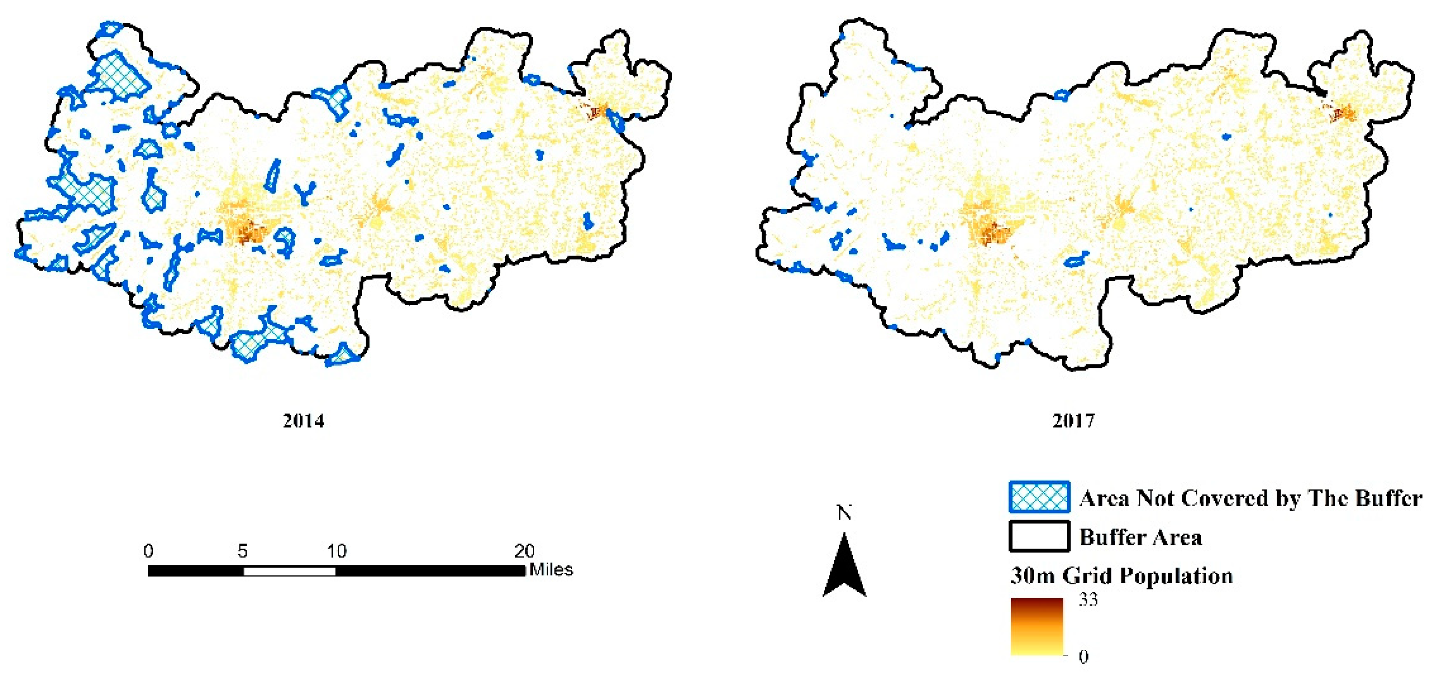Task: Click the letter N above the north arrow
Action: [845, 512]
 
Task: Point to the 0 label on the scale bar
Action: [148, 551]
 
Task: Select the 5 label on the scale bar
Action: [242, 551]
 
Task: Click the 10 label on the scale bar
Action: [336, 551]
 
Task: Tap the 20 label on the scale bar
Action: [524, 551]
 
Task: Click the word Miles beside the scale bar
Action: [551, 570]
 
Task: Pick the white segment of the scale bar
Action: [290, 571]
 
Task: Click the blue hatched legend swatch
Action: [1039, 497]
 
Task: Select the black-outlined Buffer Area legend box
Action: [1039, 536]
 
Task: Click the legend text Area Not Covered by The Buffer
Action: [1250, 498]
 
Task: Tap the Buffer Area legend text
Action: [1141, 537]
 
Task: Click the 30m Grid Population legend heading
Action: [1121, 576]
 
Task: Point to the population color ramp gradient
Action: [1037, 627]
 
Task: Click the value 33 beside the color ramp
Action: [1088, 600]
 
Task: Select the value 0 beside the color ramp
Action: [1083, 657]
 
